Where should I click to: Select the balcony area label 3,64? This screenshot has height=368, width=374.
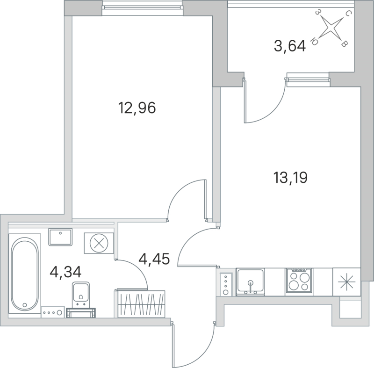click(289, 46)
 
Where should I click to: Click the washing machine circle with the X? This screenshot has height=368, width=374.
click(98, 243)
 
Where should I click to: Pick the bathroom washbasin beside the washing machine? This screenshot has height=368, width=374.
click(60, 237)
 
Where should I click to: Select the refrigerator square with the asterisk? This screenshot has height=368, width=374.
click(346, 281)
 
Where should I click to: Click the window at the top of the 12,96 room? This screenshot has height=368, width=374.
click(141, 6)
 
